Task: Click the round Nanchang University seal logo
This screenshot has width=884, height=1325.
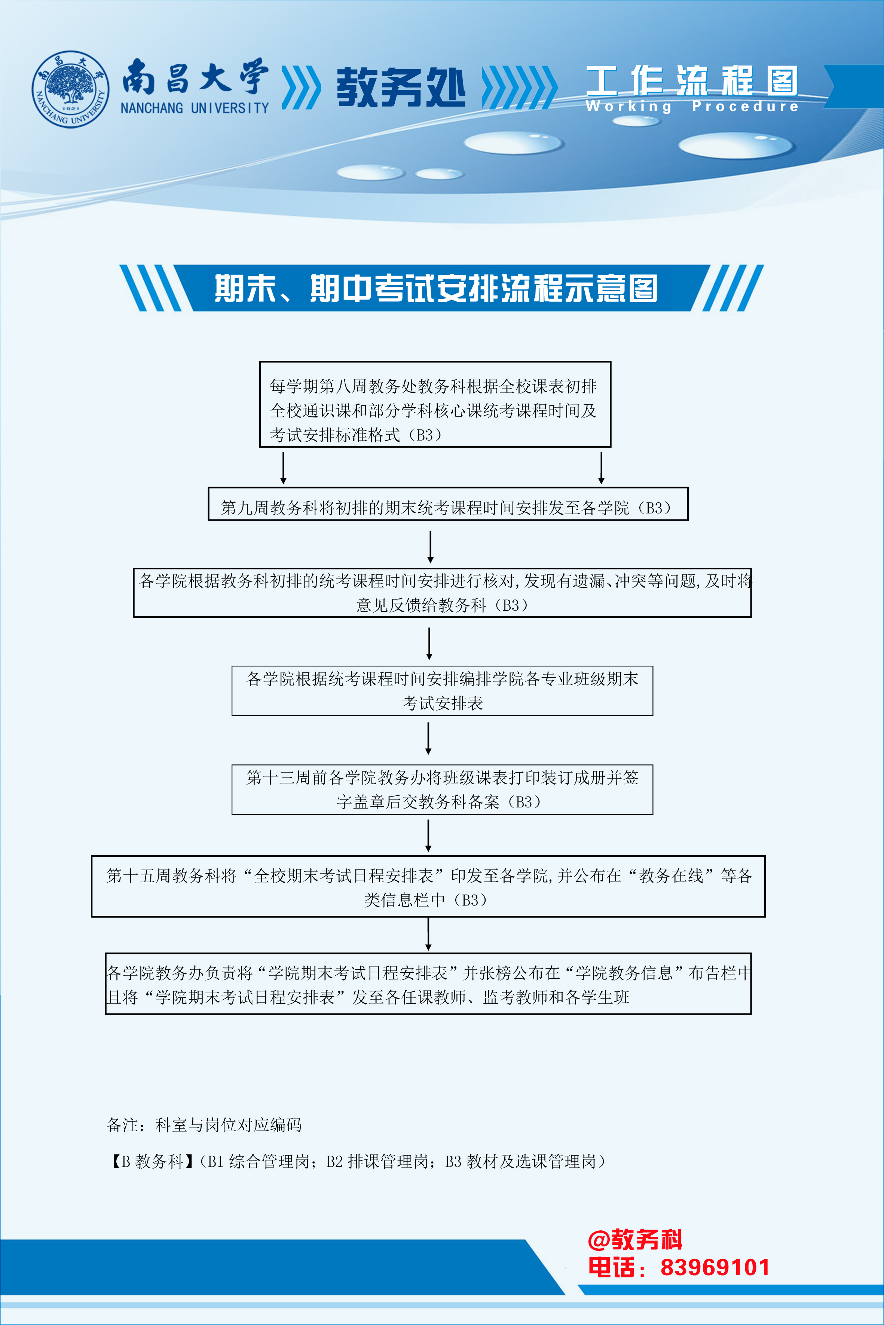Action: click(70, 89)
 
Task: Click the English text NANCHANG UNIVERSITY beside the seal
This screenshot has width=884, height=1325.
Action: click(195, 108)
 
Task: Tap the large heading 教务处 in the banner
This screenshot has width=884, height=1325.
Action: click(400, 88)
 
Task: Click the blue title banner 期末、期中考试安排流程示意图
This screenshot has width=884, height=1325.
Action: click(435, 288)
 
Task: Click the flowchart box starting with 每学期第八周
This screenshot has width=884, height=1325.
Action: click(435, 404)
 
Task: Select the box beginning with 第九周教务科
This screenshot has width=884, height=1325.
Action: click(448, 504)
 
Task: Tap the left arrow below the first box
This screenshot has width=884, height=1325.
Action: click(283, 468)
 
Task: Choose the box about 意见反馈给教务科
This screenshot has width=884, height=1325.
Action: click(442, 593)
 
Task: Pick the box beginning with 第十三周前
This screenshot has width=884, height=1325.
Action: click(442, 789)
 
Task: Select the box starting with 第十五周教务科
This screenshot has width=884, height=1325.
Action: click(428, 887)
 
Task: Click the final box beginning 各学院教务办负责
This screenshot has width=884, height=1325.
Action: click(428, 984)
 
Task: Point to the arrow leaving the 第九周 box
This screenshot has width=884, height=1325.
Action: click(430, 547)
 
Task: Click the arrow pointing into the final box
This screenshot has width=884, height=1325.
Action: click(428, 935)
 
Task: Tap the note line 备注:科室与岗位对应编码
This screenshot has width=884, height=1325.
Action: click(204, 1125)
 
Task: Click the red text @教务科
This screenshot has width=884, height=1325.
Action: click(635, 1240)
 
